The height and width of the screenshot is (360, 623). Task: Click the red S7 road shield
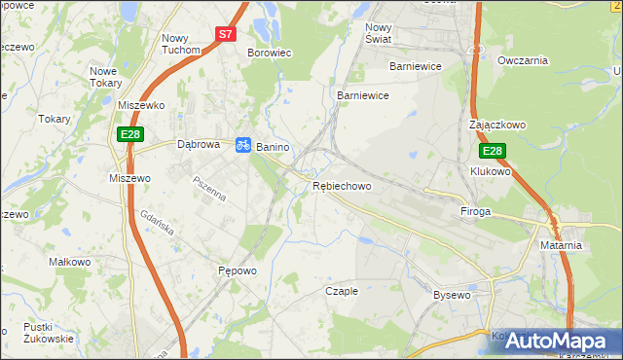(x=225, y=33)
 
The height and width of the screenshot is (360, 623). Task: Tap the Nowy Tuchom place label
(x=181, y=43)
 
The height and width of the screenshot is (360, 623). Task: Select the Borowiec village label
(x=270, y=54)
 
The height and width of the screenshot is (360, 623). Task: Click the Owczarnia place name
(x=523, y=60)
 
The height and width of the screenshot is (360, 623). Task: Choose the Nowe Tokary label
(x=110, y=77)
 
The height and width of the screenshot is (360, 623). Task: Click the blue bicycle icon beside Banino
(x=242, y=145)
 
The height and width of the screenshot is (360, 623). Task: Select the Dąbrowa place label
(x=201, y=144)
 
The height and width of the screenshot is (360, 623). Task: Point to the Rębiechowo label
(x=342, y=186)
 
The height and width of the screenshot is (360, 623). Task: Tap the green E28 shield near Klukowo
(x=492, y=151)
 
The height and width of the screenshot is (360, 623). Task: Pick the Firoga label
(x=475, y=211)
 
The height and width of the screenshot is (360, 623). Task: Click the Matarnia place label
(x=561, y=245)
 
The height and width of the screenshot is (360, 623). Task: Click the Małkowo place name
(x=69, y=262)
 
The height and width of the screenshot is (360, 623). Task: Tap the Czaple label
(x=342, y=291)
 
